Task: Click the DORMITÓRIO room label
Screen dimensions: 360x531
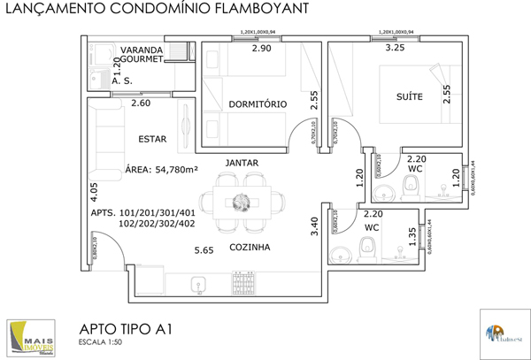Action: tap(258, 104)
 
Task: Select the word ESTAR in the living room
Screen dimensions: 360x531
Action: tap(153, 139)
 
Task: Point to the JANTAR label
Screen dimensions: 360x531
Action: tap(242, 164)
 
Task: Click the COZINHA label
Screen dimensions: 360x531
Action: tap(250, 248)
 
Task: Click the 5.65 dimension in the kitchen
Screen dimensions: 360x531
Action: tap(204, 251)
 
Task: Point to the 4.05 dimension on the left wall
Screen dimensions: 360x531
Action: tap(94, 193)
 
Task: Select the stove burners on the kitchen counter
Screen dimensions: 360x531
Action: tap(243, 282)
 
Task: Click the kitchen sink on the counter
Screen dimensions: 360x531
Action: tap(198, 283)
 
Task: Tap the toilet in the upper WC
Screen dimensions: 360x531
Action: tap(411, 187)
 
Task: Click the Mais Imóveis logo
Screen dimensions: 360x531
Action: tap(29, 337)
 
